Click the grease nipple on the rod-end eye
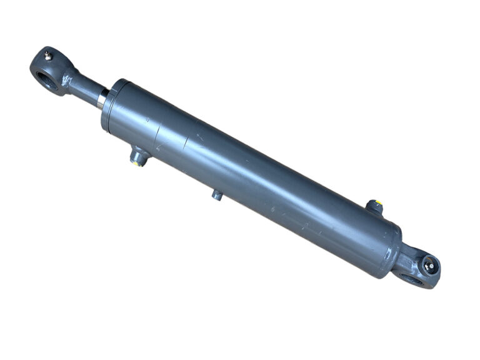[48, 57]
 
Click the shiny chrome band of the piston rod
[102, 98]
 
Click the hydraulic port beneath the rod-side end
[137, 156]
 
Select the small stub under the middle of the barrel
[217, 195]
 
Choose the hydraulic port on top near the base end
[374, 207]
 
